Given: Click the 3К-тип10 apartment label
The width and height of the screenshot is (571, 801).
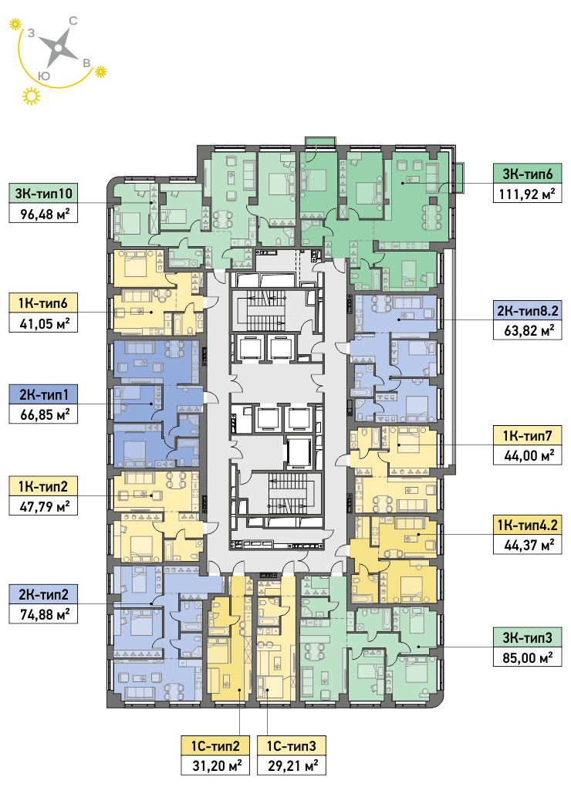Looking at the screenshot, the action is [43, 194].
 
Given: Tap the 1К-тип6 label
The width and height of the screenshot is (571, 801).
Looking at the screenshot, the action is [43, 303].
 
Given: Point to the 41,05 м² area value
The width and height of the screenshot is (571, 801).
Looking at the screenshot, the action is [43, 323].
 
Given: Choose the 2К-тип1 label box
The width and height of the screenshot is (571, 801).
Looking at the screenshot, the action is [43, 394].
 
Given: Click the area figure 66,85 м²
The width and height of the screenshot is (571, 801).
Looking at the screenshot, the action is [43, 414].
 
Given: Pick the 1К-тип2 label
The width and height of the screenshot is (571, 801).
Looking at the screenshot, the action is [43, 486].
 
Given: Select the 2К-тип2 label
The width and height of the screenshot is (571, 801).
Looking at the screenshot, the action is [43, 594].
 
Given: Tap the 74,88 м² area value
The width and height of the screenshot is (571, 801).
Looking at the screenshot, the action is [43, 614].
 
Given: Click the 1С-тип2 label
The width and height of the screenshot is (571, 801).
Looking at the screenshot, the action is [215, 746].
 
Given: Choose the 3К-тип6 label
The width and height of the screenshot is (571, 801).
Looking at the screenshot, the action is [528, 174].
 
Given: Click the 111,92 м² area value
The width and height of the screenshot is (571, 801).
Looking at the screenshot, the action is [528, 194].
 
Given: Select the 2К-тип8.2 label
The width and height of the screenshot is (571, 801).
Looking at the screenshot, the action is [528, 310].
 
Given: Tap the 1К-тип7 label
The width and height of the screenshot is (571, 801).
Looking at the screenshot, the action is [528, 436].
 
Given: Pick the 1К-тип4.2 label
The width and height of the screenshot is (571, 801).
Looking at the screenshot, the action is [528, 525].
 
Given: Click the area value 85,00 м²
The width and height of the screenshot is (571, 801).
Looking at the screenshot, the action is [528, 657].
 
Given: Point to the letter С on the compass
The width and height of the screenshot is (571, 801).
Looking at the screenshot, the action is [73, 21].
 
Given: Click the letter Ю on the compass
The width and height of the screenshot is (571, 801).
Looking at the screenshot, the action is [45, 76].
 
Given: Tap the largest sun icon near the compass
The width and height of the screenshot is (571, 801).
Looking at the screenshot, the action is [32, 96].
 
